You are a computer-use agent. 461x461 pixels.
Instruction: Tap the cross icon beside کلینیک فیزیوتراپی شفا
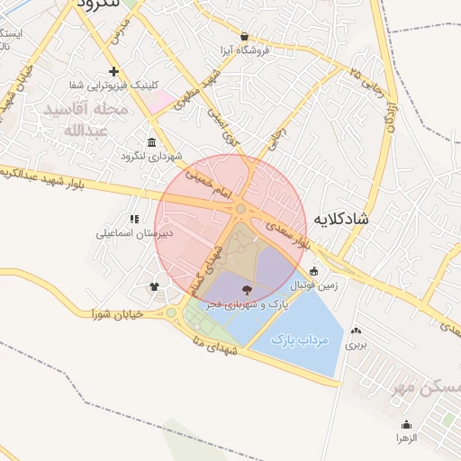113,71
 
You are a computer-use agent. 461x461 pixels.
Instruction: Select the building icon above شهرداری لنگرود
150,142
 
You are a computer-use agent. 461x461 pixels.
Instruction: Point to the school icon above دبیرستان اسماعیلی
134,219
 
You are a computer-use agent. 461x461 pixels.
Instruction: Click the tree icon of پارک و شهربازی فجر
248,290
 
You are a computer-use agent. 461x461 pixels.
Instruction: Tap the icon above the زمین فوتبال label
313,272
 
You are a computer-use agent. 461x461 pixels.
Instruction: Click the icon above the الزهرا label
406,424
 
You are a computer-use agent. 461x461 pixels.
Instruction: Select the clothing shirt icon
154,288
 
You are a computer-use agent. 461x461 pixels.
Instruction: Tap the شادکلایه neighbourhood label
343,219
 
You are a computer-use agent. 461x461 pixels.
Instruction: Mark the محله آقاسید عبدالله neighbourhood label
86,119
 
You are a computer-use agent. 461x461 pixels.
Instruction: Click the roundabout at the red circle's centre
241,210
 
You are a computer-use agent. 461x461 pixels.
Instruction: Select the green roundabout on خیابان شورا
171,313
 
